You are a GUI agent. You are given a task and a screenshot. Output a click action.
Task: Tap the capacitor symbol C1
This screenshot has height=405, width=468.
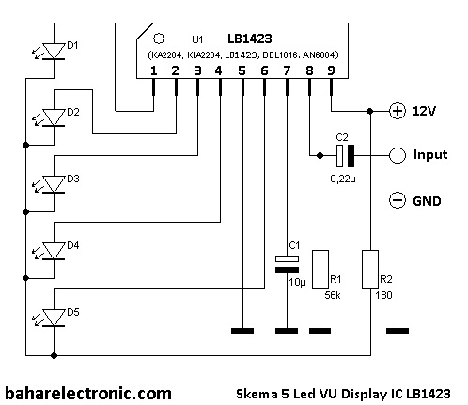pyautogui.click(x=285, y=263)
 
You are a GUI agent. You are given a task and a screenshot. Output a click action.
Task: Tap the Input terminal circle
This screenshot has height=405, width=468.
pyautogui.click(x=398, y=155)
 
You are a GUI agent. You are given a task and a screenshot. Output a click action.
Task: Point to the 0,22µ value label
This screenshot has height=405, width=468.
pyautogui.click(x=344, y=177)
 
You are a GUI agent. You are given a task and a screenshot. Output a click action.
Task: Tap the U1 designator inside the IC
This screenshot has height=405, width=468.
pyautogui.click(x=196, y=40)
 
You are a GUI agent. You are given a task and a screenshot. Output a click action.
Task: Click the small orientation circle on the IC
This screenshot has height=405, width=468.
pyautogui.click(x=158, y=40)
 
